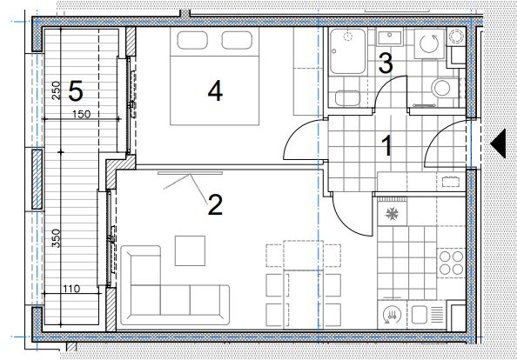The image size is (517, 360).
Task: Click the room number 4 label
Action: tap(215, 91)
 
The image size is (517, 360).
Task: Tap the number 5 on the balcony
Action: tap(76, 91)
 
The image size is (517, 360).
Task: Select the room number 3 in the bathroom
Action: tap(386, 63)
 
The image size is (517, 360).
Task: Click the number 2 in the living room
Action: tap(215, 204)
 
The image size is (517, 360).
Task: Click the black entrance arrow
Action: tap(498, 143)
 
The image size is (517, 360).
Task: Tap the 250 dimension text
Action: tap(56, 90)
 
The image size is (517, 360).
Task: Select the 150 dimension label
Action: tap(82, 114)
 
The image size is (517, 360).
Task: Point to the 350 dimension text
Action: tap(56, 237)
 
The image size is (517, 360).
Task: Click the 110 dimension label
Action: tap(71, 289)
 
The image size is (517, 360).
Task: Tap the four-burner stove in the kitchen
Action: tap(451, 263)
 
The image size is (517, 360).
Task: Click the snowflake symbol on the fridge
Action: tap(392, 214)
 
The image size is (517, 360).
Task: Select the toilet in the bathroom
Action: tap(445, 88)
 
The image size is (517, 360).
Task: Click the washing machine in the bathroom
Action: tap(430, 43)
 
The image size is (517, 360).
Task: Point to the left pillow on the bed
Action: tap(192, 40)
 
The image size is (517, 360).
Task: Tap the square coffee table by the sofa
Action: tap(190, 250)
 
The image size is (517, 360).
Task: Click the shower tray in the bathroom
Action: tap(347, 51)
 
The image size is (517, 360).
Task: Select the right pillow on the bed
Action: tap(237, 40)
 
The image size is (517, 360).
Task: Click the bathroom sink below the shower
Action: tap(347, 97)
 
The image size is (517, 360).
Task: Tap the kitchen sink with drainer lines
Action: tap(427, 314)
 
